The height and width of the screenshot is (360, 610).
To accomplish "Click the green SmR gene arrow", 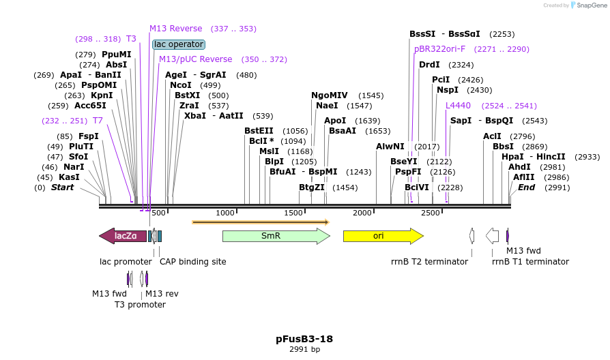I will point(276,236).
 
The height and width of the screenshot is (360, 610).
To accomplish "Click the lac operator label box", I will point(179,44).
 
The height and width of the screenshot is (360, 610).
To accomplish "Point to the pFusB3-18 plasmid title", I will point(304,338).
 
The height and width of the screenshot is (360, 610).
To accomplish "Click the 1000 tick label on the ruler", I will point(225,213).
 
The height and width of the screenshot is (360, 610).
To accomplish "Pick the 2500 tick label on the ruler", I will point(431,213).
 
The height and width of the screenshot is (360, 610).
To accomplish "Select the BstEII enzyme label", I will point(259,131).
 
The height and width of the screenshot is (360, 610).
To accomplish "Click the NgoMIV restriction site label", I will point(330,95).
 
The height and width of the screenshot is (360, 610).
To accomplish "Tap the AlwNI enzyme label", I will point(390,147).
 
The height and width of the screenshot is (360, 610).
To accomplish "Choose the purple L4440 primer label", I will point(458,106).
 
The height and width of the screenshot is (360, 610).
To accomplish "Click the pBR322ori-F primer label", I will point(439,49).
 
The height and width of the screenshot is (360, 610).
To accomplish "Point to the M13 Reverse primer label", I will point(176,29).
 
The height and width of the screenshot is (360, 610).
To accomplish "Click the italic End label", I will point(526,187).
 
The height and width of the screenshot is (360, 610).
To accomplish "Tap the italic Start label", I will point(62,187).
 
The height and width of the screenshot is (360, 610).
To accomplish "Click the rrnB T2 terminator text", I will point(429,262).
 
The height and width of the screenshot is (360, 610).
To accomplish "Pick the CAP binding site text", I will point(192,262).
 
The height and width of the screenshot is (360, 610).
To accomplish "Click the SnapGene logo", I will point(587,5).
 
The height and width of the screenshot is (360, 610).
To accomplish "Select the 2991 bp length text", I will point(304,350).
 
